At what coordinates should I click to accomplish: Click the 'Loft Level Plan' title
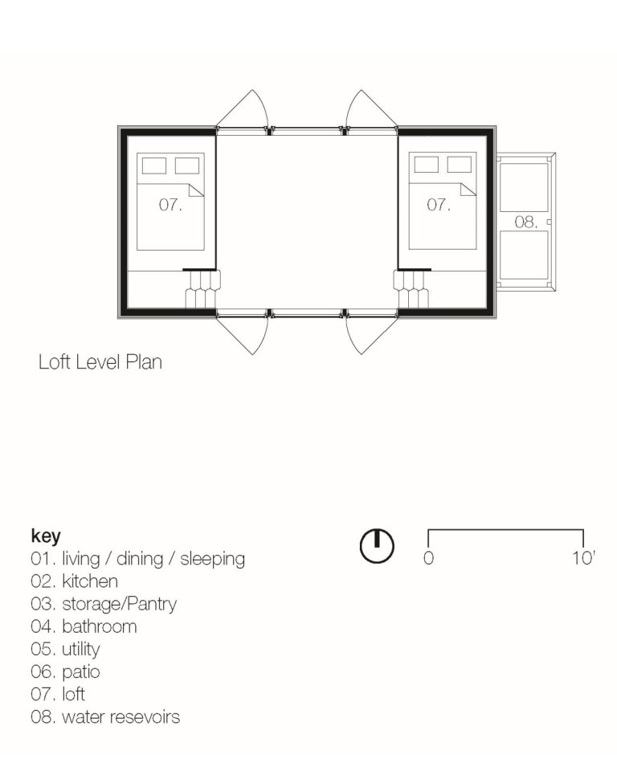[x=100, y=362]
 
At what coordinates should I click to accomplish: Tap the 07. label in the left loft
[x=170, y=206]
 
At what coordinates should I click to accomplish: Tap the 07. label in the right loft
[x=439, y=206]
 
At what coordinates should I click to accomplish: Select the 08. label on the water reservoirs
[x=525, y=222]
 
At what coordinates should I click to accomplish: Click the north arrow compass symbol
[x=376, y=546]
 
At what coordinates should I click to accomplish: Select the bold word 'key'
[x=45, y=536]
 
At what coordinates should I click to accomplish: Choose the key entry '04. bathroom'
[x=84, y=626]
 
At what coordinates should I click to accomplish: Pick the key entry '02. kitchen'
[x=74, y=581]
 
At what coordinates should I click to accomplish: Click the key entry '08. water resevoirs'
[x=105, y=716]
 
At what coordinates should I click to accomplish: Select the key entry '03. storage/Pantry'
[x=103, y=604]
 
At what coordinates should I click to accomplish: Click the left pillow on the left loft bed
[x=154, y=165]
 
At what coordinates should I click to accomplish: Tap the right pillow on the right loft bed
[x=460, y=165]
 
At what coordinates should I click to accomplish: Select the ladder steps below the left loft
[x=201, y=289]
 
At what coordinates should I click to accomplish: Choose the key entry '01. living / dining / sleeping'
[x=137, y=559]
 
